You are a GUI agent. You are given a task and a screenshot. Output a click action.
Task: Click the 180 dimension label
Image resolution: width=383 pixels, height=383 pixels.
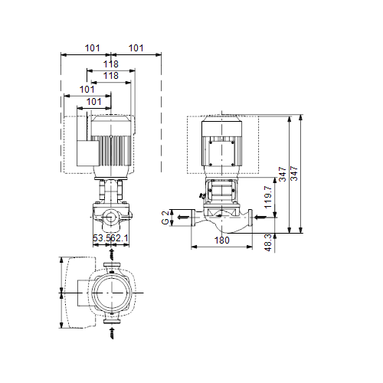(x=221, y=241)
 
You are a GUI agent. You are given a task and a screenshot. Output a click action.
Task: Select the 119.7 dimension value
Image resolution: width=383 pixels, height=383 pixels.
(x=268, y=197)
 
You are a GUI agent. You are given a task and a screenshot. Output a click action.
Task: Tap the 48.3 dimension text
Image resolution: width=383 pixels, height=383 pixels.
(x=268, y=243)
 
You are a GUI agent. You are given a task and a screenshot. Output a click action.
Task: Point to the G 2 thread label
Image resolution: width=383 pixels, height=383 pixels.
(x=165, y=218)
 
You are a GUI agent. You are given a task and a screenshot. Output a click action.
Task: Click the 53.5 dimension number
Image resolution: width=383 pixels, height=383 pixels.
(x=101, y=238)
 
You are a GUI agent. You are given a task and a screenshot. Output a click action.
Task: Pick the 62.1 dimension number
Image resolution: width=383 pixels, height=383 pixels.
(x=119, y=238)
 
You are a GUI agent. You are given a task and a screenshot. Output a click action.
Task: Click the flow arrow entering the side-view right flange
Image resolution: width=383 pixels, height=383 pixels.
(x=260, y=218)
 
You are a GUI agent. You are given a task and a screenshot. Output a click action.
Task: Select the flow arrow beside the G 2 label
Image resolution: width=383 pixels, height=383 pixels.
(x=183, y=218)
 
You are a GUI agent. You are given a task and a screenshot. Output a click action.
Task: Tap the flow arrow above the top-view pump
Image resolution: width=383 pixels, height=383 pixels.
(x=112, y=254)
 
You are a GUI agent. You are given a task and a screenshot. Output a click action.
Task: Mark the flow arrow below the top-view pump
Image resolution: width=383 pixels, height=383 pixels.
(x=112, y=333)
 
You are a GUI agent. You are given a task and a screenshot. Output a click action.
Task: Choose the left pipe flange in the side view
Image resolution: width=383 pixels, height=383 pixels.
(x=193, y=218)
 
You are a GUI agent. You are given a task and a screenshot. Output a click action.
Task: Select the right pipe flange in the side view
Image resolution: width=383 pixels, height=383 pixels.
(x=250, y=218)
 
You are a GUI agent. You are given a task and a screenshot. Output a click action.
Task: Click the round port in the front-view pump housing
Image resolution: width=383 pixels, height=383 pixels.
(x=111, y=218)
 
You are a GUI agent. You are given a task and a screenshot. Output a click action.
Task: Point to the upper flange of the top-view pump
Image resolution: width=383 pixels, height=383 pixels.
(x=112, y=265)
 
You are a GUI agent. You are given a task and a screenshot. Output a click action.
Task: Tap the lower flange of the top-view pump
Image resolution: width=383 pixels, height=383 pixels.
(x=112, y=321)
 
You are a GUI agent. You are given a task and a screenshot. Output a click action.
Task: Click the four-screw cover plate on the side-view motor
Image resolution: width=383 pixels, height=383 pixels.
(x=221, y=153)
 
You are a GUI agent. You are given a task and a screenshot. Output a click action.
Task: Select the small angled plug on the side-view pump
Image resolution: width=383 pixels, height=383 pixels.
(x=202, y=196)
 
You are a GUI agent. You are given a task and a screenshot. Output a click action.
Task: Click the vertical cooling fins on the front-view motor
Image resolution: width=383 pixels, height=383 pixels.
(x=112, y=151)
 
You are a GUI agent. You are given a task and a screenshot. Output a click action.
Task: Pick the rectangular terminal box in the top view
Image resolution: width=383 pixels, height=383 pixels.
(x=83, y=293)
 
